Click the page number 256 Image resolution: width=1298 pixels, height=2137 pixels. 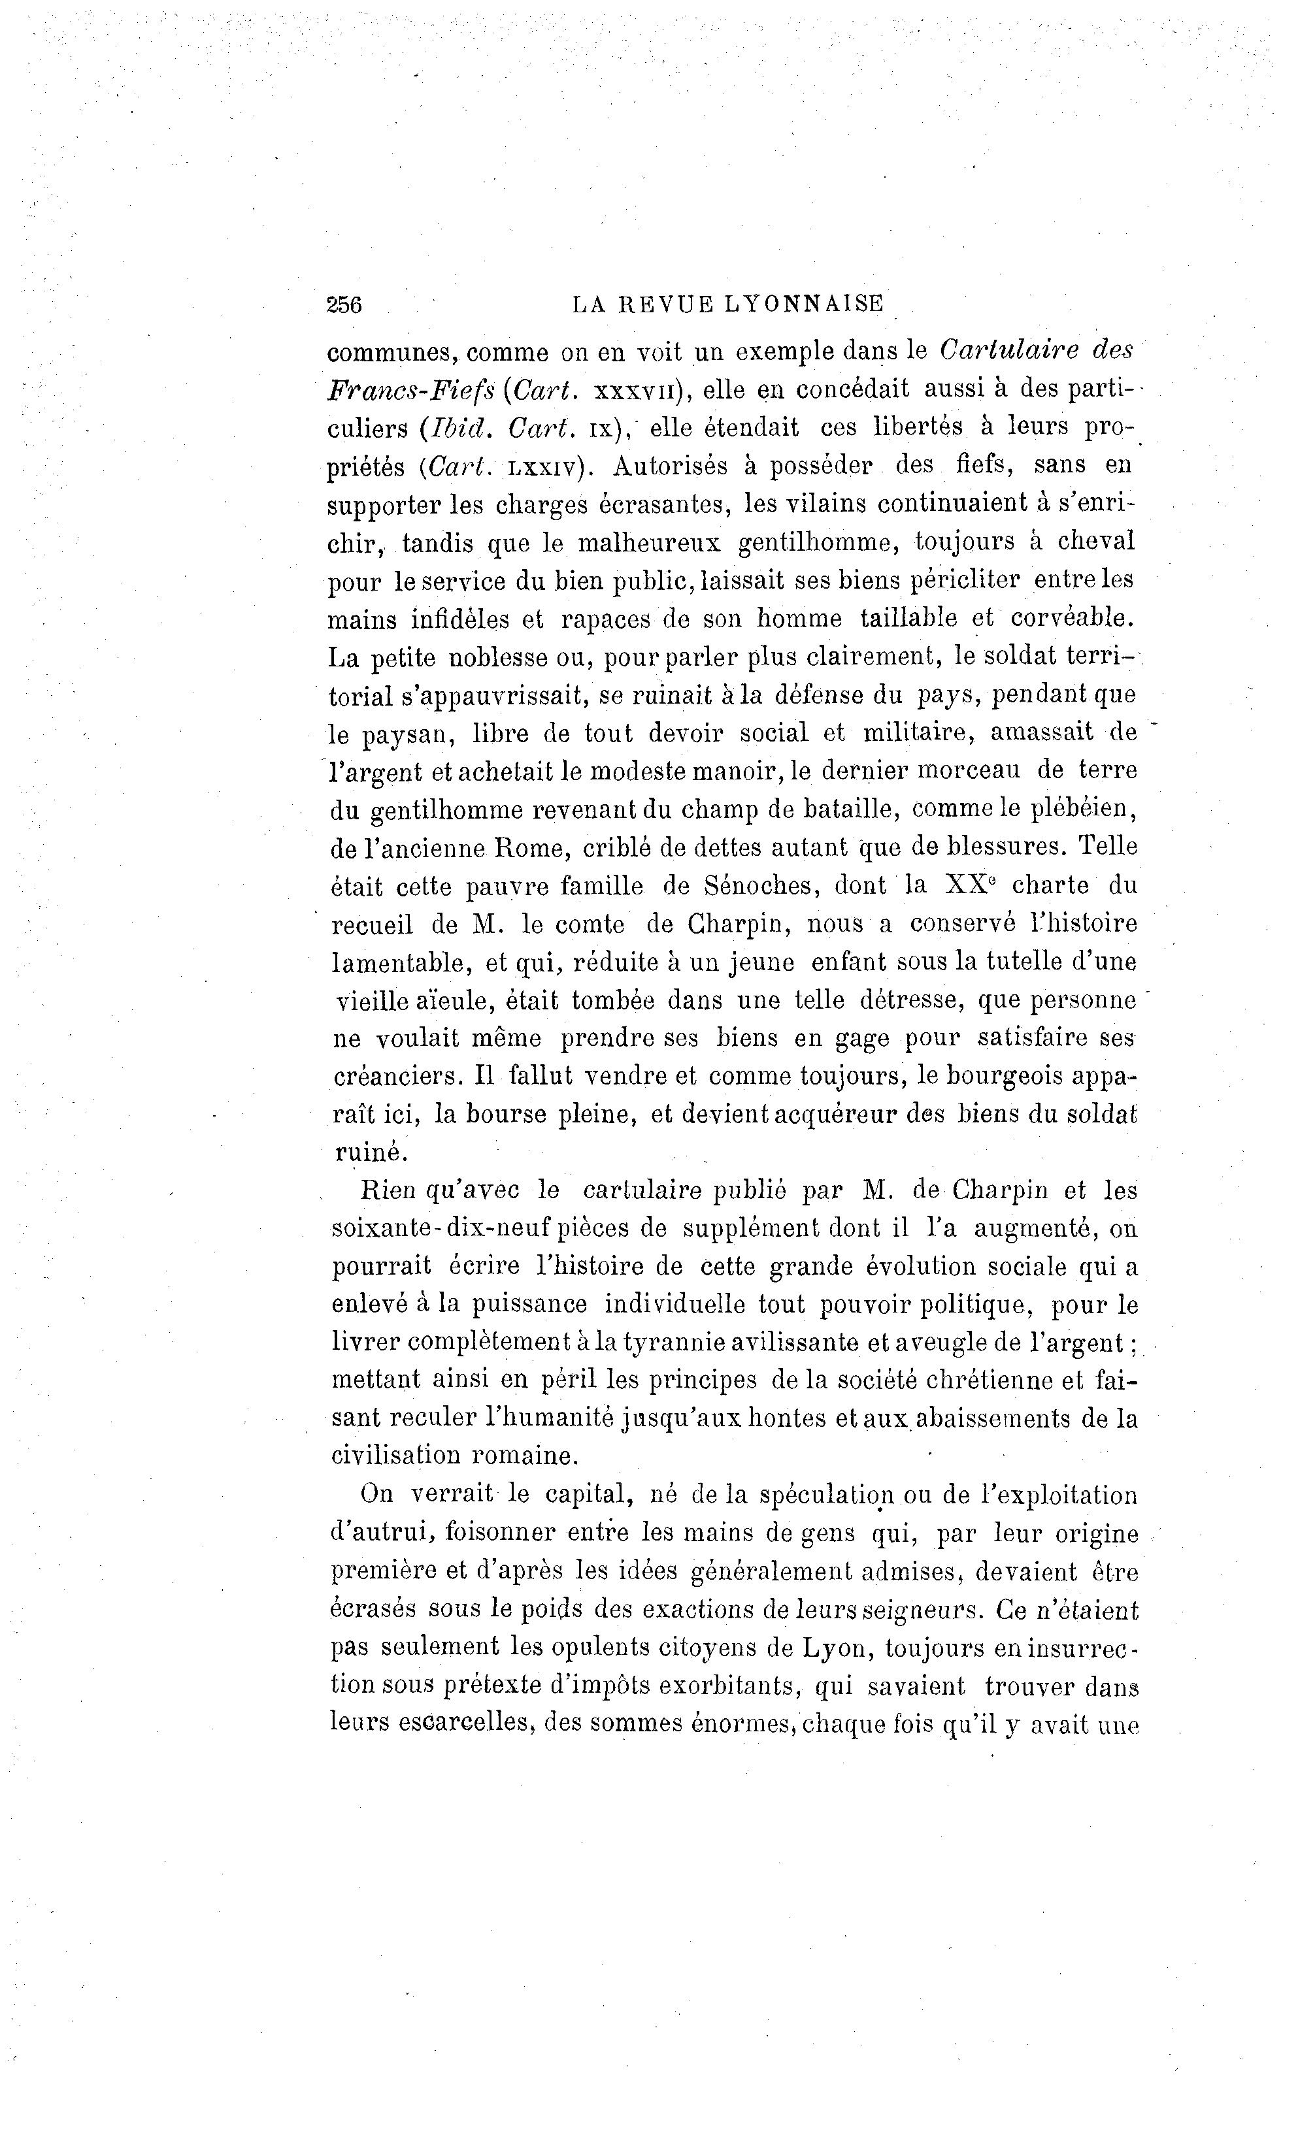coord(344,304)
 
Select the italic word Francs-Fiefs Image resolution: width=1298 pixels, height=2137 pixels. coord(410,391)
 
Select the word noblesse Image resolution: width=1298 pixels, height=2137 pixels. coord(497,659)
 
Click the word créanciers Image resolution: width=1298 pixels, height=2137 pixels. coord(398,1077)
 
